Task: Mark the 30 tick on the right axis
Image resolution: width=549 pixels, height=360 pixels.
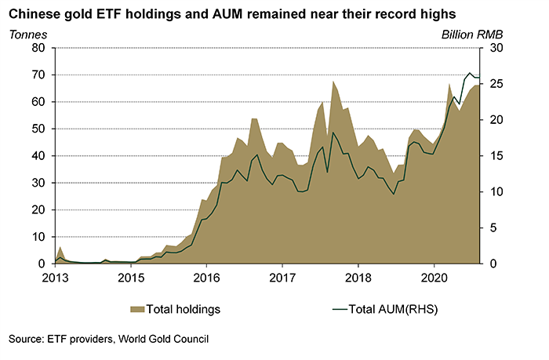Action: (x=497, y=48)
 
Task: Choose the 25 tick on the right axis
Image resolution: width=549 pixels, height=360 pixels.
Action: (x=497, y=84)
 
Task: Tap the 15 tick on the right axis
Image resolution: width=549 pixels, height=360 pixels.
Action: (x=497, y=156)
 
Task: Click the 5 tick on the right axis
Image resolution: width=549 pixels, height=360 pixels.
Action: (x=494, y=227)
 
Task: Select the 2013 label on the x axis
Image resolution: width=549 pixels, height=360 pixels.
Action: (x=55, y=278)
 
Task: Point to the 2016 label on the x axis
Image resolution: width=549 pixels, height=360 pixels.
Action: (x=206, y=278)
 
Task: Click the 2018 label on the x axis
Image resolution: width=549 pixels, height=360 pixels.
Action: (x=358, y=278)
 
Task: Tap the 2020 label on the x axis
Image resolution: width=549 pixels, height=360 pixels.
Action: (x=434, y=278)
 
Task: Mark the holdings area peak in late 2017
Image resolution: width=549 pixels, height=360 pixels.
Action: (x=333, y=82)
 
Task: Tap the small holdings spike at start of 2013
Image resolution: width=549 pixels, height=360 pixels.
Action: (x=60, y=247)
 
